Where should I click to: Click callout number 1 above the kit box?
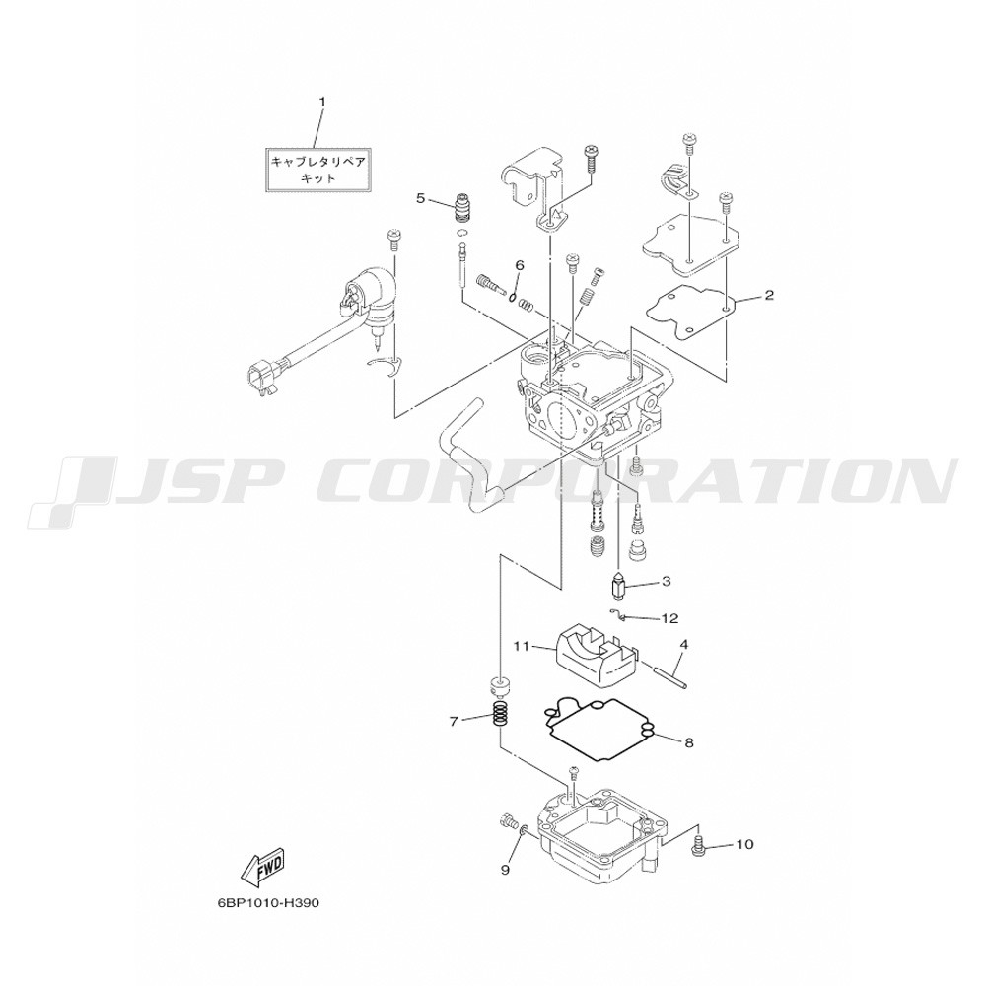(x=322, y=102)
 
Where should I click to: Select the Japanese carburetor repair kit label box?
(x=318, y=170)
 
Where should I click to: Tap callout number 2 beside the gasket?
(x=769, y=295)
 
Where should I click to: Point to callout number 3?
(x=666, y=582)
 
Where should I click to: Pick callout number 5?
(x=420, y=199)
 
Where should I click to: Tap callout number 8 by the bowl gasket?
(x=688, y=742)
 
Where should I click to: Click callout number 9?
(x=504, y=870)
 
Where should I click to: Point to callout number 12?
(x=670, y=619)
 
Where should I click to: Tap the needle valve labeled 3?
(x=618, y=588)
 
